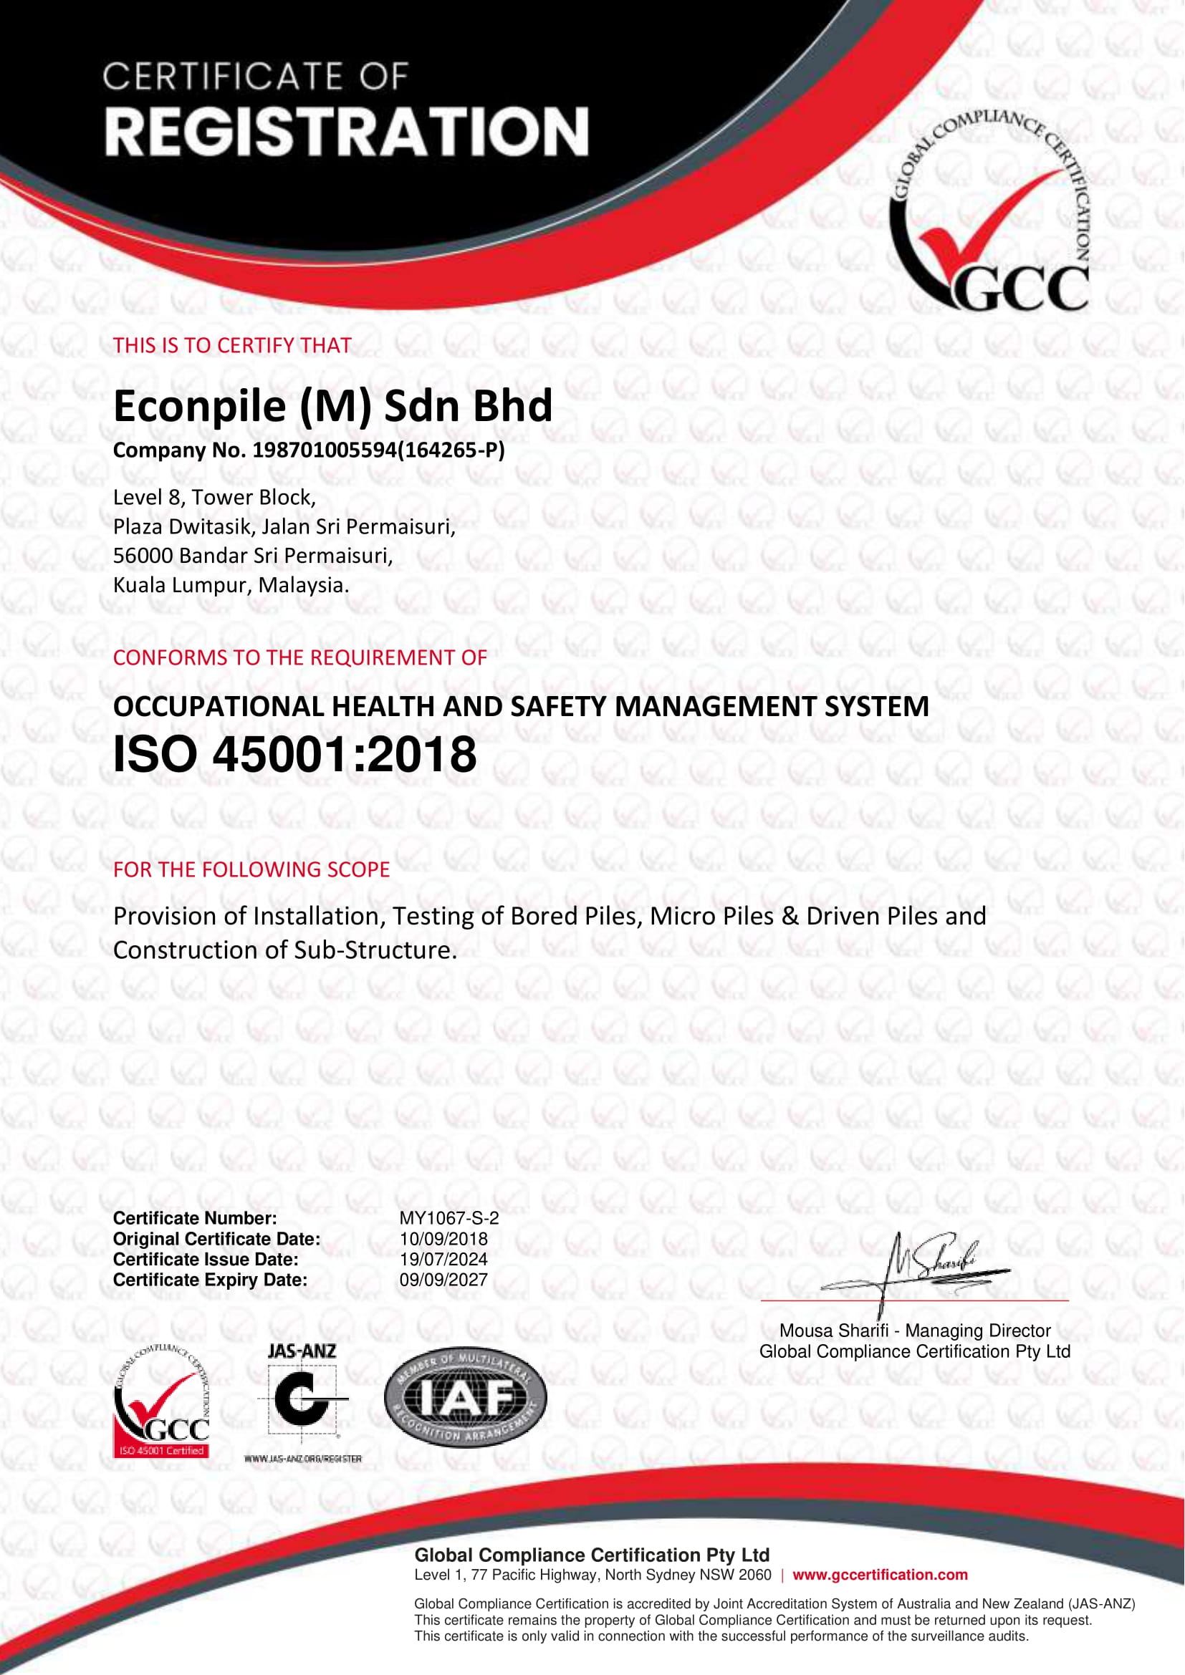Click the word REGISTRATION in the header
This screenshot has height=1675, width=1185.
(x=347, y=132)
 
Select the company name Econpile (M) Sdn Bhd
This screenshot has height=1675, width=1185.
(x=332, y=406)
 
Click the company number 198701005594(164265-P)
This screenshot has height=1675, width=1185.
(x=378, y=450)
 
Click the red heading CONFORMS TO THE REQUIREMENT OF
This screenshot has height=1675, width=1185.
(x=300, y=657)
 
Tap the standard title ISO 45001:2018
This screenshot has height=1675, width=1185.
(x=294, y=754)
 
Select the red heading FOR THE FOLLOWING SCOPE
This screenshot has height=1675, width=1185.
(x=251, y=869)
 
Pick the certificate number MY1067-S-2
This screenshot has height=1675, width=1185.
(x=448, y=1218)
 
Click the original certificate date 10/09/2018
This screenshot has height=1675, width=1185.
(x=443, y=1239)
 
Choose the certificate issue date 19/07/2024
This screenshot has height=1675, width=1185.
(x=443, y=1259)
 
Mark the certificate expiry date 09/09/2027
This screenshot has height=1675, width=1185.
(x=443, y=1280)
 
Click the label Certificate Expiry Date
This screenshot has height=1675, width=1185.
(x=210, y=1280)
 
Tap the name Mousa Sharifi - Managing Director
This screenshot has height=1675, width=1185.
(x=915, y=1331)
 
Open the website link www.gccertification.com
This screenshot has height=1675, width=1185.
(x=880, y=1575)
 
